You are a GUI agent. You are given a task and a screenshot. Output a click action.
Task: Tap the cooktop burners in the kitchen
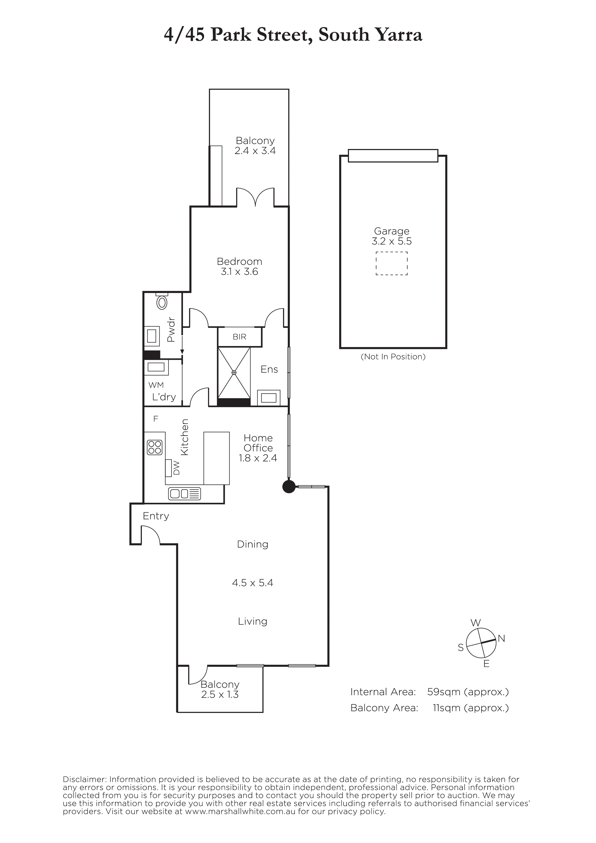pyautogui.click(x=155, y=447)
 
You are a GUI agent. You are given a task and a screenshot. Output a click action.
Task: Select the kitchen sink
pyautogui.click(x=184, y=493)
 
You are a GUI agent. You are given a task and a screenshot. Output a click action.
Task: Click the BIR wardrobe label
pyautogui.click(x=239, y=337)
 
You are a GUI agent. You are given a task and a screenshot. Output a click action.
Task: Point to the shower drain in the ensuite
pyautogui.click(x=234, y=373)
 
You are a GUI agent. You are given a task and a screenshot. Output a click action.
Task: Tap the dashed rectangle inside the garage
pyautogui.click(x=391, y=263)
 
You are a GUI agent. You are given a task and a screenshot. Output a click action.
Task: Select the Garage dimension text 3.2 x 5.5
pyautogui.click(x=391, y=241)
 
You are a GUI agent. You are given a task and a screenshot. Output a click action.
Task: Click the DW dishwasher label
pyautogui.click(x=177, y=468)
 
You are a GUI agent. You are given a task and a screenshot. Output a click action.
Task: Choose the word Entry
pyautogui.click(x=156, y=516)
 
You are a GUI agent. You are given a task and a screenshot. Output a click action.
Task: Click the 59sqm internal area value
pyautogui.click(x=444, y=692)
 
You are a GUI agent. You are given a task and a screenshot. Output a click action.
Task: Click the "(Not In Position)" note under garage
pyautogui.click(x=393, y=357)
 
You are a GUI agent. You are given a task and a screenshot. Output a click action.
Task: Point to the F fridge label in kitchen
pyautogui.click(x=156, y=419)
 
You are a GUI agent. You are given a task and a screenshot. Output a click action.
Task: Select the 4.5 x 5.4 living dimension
pyautogui.click(x=253, y=583)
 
